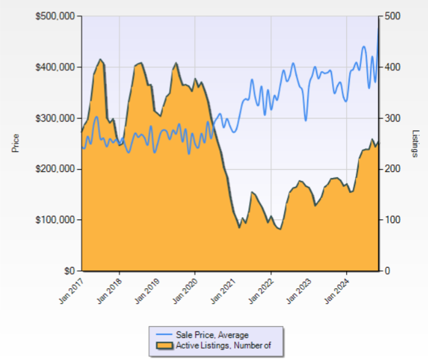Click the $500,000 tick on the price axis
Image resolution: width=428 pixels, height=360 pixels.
[54, 16]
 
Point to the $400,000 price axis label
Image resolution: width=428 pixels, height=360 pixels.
[54, 67]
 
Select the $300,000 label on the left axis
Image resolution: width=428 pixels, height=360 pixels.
[54, 118]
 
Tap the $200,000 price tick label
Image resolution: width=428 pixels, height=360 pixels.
[54, 169]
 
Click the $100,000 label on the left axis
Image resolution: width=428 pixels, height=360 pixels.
[54, 220]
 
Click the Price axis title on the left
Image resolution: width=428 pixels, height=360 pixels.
[16, 143]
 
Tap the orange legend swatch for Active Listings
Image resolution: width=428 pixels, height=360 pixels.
[165, 345]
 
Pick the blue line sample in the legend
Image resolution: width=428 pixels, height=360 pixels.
[165, 335]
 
